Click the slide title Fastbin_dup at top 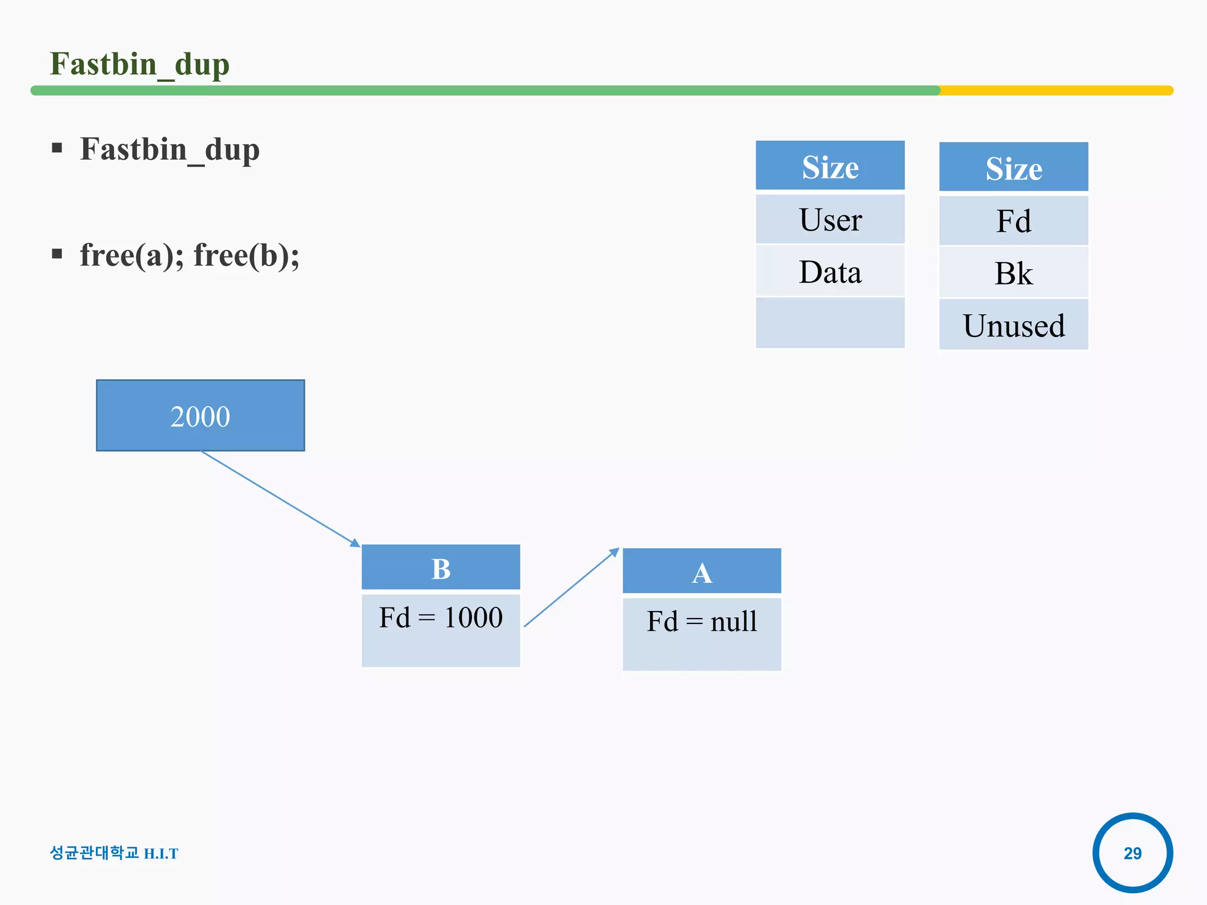(x=140, y=64)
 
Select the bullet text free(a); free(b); (x=189, y=255)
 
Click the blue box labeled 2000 (x=200, y=416)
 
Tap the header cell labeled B (x=441, y=568)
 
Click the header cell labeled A (x=702, y=572)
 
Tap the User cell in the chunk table (x=830, y=220)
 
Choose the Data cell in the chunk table (x=830, y=272)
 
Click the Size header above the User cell (x=830, y=167)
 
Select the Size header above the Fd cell (x=1014, y=168)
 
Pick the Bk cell (x=1014, y=273)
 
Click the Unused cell (x=1014, y=325)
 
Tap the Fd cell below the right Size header (x=1014, y=221)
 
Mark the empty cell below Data (x=830, y=323)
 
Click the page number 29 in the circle (x=1132, y=853)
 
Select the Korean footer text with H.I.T (x=114, y=853)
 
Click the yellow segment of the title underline (x=1055, y=90)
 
